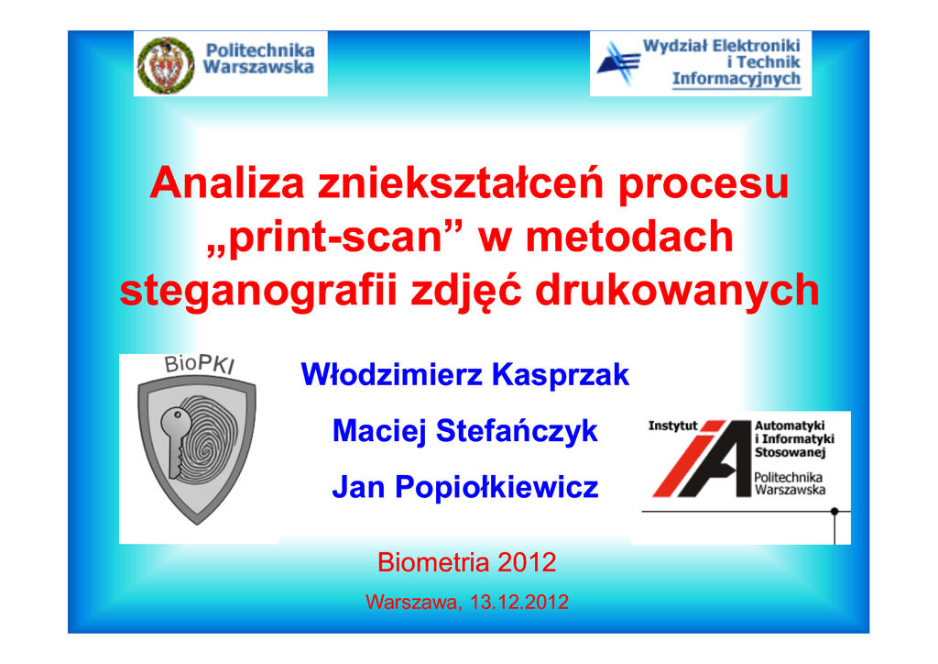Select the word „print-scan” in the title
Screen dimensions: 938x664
click(335, 237)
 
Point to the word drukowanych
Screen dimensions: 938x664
click(677, 291)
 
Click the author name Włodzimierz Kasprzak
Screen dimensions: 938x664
click(464, 375)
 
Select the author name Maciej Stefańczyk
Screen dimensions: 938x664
click(464, 431)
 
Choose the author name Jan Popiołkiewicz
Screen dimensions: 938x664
click(464, 487)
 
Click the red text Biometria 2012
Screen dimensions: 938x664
click(466, 562)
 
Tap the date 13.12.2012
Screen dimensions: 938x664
click(519, 602)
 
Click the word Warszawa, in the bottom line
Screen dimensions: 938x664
click(413, 603)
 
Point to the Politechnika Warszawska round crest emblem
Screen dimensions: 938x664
click(166, 65)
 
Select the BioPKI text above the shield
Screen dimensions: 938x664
click(200, 364)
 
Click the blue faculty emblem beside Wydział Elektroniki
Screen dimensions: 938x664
click(618, 63)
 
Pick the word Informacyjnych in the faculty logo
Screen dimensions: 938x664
click(736, 79)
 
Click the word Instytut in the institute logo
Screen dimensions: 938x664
click(673, 426)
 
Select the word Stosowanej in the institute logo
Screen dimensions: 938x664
click(790, 453)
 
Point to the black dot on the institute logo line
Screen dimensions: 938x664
click(834, 512)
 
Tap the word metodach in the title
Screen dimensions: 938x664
click(629, 237)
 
